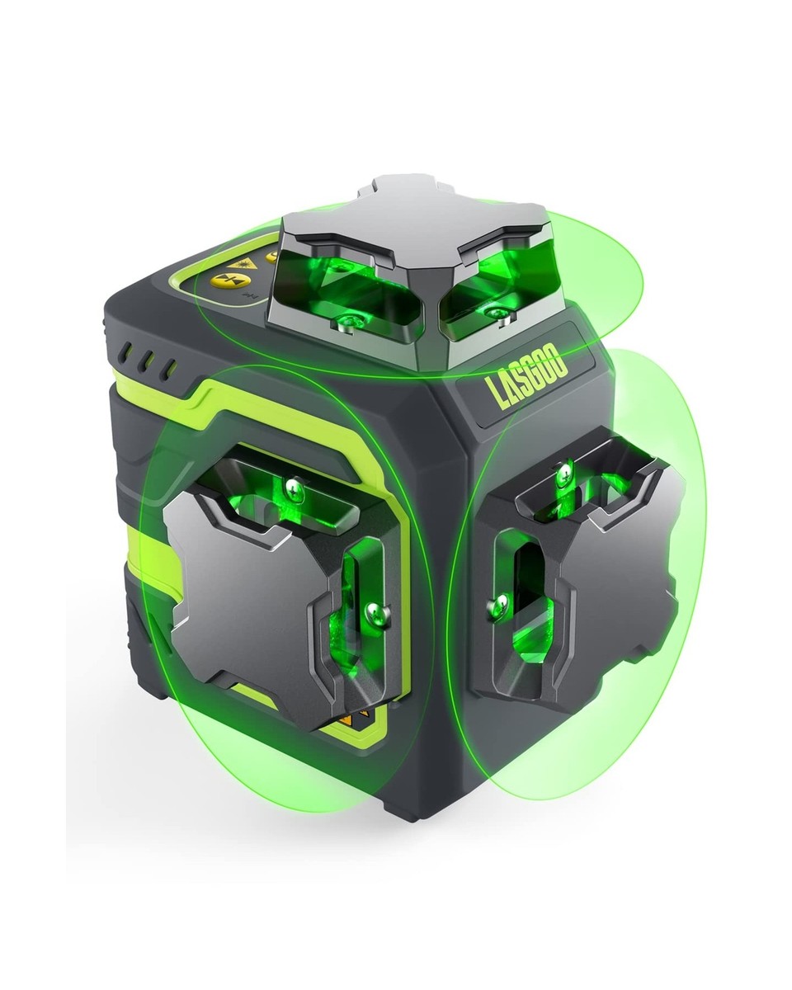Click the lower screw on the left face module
click(x=376, y=611)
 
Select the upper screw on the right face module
click(x=565, y=473)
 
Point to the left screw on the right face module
click(x=497, y=602)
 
